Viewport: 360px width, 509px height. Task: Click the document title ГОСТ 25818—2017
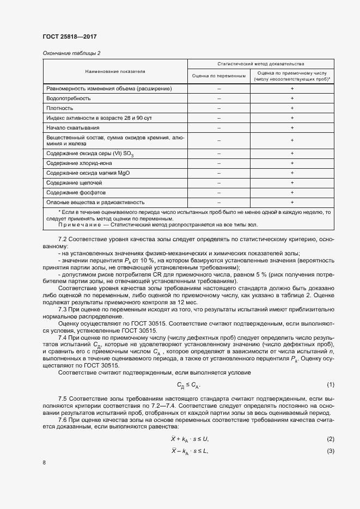coord(69,36)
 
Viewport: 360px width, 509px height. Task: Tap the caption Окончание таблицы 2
coord(71,53)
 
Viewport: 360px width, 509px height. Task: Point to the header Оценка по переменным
coord(219,76)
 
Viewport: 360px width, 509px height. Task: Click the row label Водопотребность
coord(69,98)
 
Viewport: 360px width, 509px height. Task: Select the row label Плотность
coord(60,108)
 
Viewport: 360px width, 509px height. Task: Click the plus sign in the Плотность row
coord(292,108)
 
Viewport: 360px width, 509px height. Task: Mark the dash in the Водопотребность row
coord(219,98)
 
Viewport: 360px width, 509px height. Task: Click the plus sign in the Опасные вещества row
coord(292,202)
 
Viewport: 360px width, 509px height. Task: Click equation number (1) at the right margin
coord(330,385)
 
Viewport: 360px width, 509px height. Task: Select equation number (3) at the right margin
coord(330,451)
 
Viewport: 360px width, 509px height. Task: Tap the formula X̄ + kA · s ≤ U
coord(190,439)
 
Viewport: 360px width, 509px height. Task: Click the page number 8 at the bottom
coord(44,463)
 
